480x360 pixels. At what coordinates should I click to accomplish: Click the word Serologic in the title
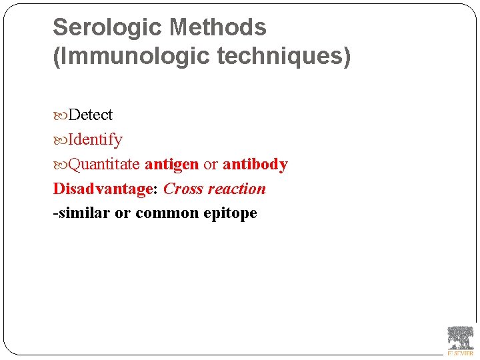pyautogui.click(x=108, y=27)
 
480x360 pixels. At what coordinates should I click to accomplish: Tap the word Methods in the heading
pyautogui.click(x=218, y=27)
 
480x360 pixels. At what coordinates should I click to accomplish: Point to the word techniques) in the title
pyautogui.click(x=283, y=57)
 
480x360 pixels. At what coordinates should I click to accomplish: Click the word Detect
pyautogui.click(x=91, y=115)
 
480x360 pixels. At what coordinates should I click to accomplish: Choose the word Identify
pyautogui.click(x=95, y=139)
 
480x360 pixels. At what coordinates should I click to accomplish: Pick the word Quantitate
pyautogui.click(x=104, y=164)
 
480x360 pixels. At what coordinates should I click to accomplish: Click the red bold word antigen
pyautogui.click(x=171, y=164)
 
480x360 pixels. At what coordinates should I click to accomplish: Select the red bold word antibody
pyautogui.click(x=255, y=164)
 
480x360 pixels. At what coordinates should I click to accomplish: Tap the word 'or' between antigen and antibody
pyautogui.click(x=211, y=164)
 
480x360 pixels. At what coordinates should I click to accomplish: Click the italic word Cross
pyautogui.click(x=183, y=189)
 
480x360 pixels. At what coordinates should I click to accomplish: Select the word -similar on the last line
pyautogui.click(x=81, y=213)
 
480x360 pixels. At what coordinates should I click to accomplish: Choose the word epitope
pyautogui.click(x=230, y=213)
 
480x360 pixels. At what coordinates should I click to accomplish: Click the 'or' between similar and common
pyautogui.click(x=123, y=213)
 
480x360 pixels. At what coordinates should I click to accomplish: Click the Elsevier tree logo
pyautogui.click(x=460, y=340)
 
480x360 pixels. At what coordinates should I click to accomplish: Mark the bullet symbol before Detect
pyautogui.click(x=60, y=115)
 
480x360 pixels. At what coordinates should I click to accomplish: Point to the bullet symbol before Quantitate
pyautogui.click(x=60, y=165)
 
